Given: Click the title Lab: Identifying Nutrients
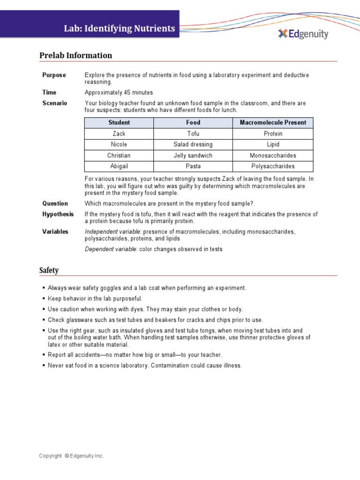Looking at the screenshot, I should click(x=120, y=29).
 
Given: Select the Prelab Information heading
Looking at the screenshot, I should click(x=75, y=55).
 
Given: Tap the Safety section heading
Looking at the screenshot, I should click(x=49, y=270).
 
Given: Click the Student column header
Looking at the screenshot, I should click(x=119, y=122).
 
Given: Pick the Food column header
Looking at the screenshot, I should click(x=193, y=122).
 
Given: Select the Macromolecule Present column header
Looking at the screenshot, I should click(x=273, y=122).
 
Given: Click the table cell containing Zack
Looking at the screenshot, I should click(x=119, y=134).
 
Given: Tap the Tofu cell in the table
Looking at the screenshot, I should click(x=193, y=134).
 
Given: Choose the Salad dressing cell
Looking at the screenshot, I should click(x=193, y=144).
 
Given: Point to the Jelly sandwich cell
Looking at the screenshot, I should click(x=193, y=155).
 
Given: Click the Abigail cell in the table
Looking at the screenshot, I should click(x=119, y=166).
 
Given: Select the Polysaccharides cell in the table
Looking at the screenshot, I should click(x=273, y=166).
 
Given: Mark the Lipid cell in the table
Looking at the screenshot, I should click(x=273, y=144).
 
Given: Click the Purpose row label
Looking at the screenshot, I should click(x=54, y=75).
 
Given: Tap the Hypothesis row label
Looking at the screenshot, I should click(x=58, y=214).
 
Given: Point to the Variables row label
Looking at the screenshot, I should click(x=55, y=232).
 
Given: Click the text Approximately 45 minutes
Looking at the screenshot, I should click(x=119, y=92).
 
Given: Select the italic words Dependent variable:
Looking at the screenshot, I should click(x=111, y=249).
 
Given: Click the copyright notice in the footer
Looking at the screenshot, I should click(x=71, y=456).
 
